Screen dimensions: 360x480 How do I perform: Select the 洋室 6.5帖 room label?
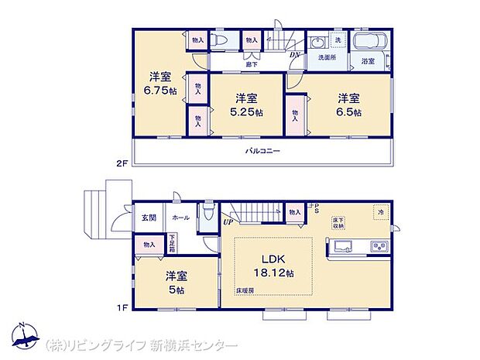point(348,104)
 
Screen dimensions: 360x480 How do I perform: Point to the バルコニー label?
point(263,152)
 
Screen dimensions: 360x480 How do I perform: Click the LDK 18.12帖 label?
point(274,266)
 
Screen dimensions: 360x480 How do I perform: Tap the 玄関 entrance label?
point(149,218)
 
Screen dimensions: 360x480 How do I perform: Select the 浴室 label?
point(369,61)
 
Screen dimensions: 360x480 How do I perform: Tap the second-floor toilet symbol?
point(218,41)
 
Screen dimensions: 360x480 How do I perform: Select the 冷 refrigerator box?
point(380,211)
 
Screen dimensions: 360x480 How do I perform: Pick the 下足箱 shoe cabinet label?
point(172,237)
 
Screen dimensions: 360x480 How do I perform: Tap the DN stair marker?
point(295,55)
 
